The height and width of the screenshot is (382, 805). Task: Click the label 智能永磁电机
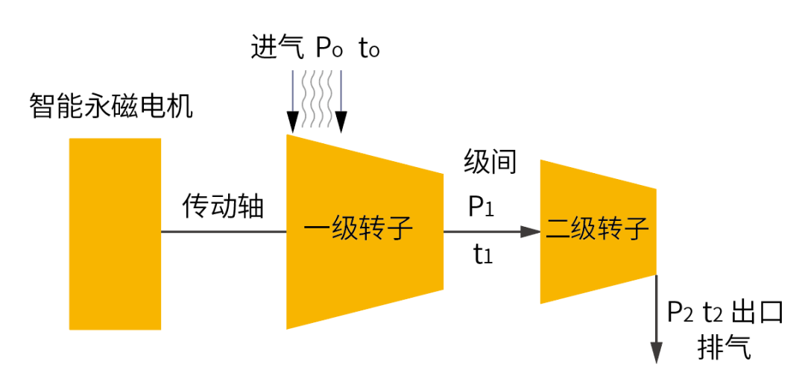(x=111, y=106)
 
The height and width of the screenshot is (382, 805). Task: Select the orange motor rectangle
(x=115, y=234)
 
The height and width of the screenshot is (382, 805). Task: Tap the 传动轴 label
(x=224, y=205)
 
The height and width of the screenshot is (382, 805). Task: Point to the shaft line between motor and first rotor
(x=224, y=231)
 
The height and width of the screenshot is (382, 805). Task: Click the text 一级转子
(x=359, y=228)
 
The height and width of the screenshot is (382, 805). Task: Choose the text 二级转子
(x=598, y=228)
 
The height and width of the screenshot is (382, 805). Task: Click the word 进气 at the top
(x=277, y=48)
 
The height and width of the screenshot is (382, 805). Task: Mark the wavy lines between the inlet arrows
(x=317, y=97)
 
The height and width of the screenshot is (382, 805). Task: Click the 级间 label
(x=490, y=162)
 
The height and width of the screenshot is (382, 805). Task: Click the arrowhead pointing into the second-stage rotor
(x=531, y=231)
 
